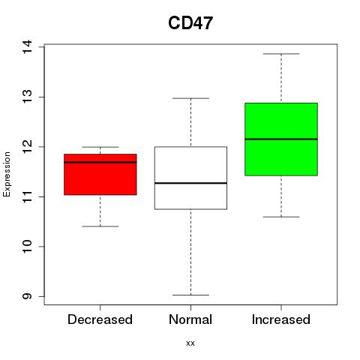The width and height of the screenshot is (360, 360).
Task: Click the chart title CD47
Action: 190,23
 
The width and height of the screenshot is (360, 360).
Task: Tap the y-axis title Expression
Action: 7,174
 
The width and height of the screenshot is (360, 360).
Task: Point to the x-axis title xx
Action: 190,343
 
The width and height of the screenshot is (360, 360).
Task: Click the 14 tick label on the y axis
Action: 27,46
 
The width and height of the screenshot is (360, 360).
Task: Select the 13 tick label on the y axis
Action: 27,97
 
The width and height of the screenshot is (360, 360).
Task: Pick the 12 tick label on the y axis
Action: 27,147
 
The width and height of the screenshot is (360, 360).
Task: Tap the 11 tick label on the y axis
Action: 27,196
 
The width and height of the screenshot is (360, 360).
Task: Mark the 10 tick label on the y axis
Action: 27,247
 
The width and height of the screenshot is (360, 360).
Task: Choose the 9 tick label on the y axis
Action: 27,296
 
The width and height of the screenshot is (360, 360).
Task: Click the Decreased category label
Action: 100,319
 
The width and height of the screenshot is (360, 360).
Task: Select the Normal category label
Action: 190,319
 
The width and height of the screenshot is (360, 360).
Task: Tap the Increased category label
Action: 281,319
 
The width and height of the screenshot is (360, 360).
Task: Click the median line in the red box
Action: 100,162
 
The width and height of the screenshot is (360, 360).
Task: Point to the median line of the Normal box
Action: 190,183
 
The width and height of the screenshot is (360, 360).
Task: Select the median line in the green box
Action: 281,139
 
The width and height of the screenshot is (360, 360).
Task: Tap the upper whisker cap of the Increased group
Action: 281,54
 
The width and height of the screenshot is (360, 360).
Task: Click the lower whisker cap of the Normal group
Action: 190,295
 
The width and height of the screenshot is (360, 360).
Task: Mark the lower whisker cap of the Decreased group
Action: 100,226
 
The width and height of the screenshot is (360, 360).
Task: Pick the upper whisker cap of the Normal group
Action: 190,98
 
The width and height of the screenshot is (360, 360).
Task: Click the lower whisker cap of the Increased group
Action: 281,217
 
